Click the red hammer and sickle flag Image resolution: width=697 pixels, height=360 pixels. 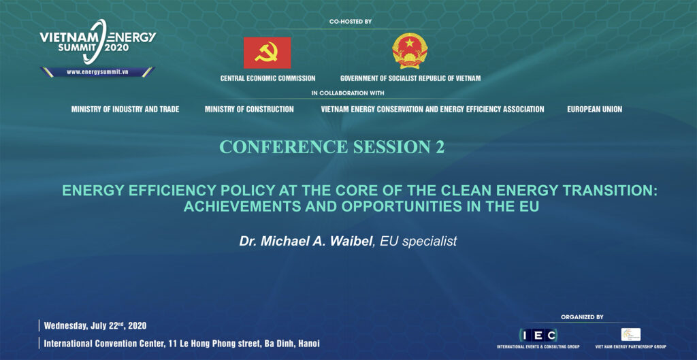(x=267, y=53)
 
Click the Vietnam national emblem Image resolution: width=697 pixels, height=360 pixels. (x=410, y=50)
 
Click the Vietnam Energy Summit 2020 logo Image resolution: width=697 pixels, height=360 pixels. (x=98, y=42)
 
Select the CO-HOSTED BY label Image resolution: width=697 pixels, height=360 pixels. (x=351, y=21)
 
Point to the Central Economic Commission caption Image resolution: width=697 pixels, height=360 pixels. (x=268, y=78)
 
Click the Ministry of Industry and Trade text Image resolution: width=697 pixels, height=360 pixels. (x=125, y=109)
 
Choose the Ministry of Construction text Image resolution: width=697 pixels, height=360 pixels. (x=249, y=109)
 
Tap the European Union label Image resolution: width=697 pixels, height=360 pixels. (x=595, y=109)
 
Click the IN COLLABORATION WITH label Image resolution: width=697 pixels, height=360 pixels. (x=348, y=93)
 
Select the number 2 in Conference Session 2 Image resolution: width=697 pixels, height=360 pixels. (x=440, y=147)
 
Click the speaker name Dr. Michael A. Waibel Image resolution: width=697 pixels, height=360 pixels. (x=306, y=242)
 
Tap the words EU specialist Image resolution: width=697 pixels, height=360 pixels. (x=419, y=242)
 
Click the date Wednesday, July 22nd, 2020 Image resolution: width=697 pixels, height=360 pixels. (x=95, y=326)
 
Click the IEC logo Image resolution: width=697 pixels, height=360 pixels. (x=538, y=335)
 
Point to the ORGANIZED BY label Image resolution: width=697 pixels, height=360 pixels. (x=582, y=317)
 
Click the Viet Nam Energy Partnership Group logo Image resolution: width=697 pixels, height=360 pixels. (x=631, y=334)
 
